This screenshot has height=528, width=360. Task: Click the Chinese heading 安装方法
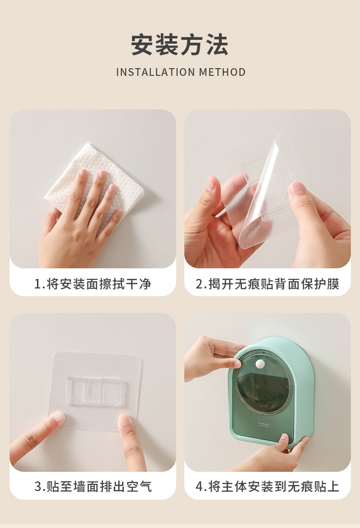180,45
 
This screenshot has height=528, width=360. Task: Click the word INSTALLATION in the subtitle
156,72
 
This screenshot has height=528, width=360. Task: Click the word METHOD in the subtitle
222,72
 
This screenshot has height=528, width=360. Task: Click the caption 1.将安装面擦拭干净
93,284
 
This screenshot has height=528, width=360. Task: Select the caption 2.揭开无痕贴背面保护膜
267,284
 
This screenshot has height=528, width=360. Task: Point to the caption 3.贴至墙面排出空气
93,486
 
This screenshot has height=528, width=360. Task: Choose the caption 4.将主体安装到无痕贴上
267,486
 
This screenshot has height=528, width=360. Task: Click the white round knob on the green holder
260,364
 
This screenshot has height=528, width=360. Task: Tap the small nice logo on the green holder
264,424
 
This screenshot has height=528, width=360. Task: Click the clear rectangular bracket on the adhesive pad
93,391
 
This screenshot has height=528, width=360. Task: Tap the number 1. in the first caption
39,284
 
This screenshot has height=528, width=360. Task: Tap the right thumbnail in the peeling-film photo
296,188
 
